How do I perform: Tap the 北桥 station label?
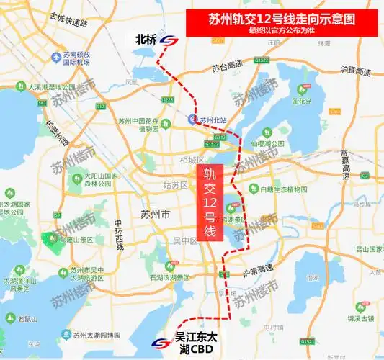146,40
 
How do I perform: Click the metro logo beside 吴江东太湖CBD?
161,343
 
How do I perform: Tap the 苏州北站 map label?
213,120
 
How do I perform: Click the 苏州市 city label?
155,215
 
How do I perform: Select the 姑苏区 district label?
175,185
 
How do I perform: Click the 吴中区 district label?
175,240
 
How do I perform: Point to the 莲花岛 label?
305,102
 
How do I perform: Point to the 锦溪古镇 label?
359,318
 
